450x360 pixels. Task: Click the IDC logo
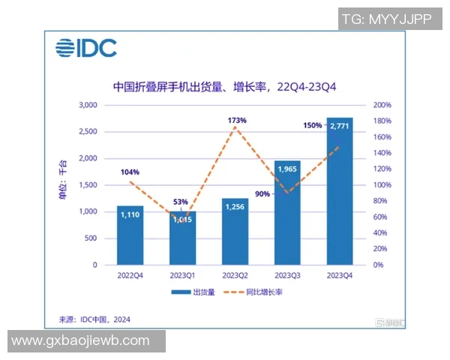point(85,49)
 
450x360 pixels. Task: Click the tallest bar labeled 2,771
point(339,191)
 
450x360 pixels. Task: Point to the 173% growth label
point(235,119)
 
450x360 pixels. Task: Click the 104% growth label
point(129,172)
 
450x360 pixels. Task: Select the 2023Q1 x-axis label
point(183,274)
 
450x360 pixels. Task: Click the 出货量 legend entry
point(193,292)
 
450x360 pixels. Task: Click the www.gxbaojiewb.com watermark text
point(82,340)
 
